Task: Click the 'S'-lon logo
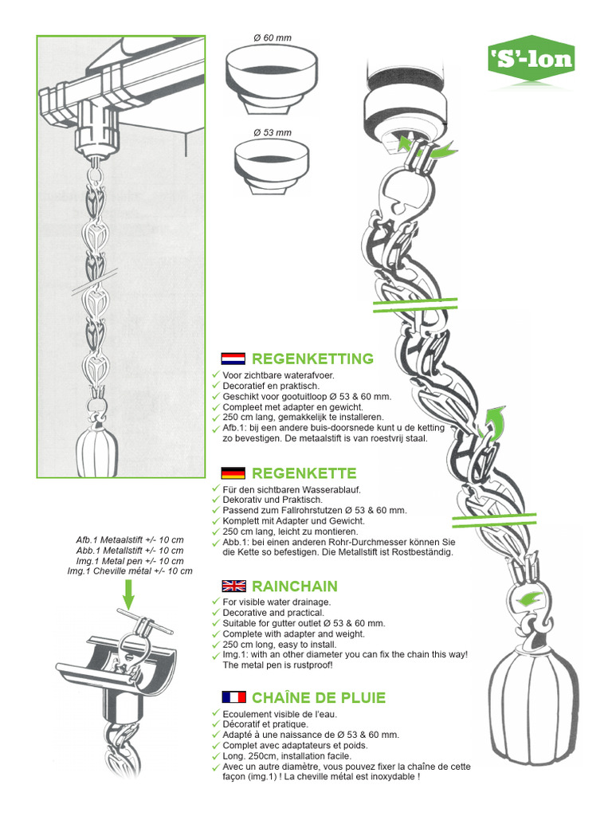tap(532, 58)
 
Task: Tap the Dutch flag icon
tap(233, 359)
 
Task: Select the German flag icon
tap(233, 473)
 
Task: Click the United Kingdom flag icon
tap(233, 586)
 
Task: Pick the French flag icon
tap(233, 697)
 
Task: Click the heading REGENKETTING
tap(312, 359)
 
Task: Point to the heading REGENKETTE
tap(304, 473)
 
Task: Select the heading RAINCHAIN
tap(295, 586)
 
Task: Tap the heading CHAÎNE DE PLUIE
tap(319, 697)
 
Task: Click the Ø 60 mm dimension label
tap(273, 38)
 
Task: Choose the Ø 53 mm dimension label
tap(273, 133)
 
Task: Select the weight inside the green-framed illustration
tap(97, 451)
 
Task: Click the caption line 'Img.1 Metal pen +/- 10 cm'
tap(130, 561)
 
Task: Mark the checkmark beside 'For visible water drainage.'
tap(216, 602)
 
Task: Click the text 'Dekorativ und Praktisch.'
tap(273, 500)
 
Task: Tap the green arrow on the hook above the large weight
tap(530, 598)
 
